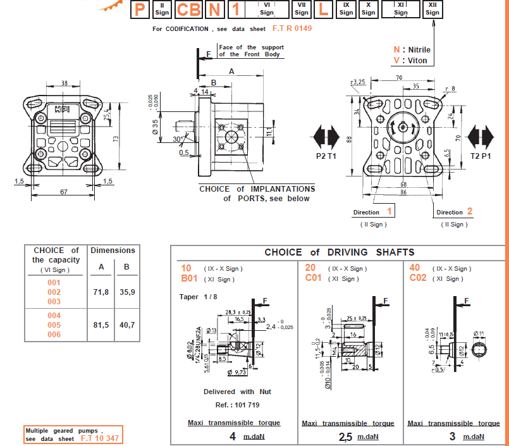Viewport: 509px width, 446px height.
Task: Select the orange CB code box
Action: coord(189,9)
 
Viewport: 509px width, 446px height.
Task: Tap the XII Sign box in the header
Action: coord(432,9)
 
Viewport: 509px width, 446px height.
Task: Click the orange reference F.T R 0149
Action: coord(291,28)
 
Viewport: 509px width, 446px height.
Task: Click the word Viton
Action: coord(418,61)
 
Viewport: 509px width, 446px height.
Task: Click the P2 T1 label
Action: coord(327,155)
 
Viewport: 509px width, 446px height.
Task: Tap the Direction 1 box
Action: coord(374,212)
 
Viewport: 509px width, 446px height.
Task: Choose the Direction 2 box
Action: coord(455,212)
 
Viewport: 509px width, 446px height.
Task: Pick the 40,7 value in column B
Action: coord(127,325)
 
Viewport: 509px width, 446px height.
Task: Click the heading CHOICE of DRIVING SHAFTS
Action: coord(340,252)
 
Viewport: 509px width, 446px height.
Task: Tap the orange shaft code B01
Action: coord(190,278)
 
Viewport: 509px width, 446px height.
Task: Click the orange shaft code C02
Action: coord(418,278)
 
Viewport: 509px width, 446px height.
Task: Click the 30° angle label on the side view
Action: coord(179,139)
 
